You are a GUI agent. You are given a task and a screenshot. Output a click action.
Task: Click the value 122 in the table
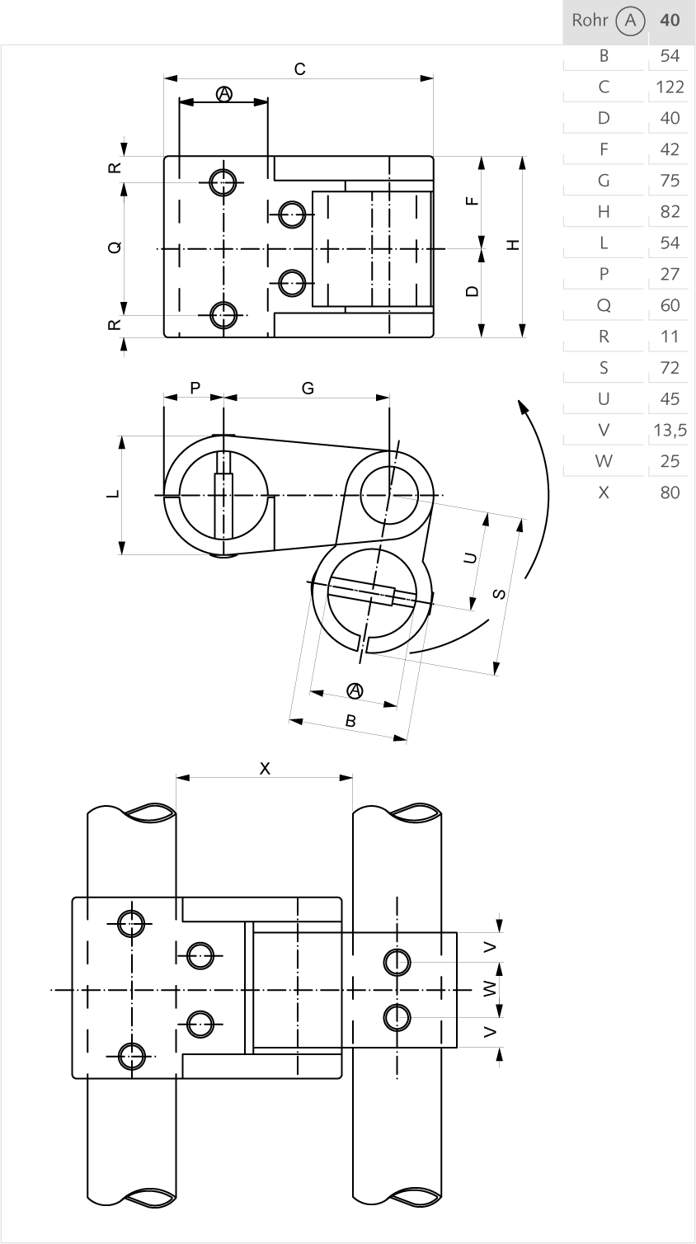[670, 87]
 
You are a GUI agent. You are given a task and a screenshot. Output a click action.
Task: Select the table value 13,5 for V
[670, 430]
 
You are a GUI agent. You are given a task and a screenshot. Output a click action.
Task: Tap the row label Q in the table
[604, 305]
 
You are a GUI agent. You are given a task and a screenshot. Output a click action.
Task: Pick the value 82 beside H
[670, 211]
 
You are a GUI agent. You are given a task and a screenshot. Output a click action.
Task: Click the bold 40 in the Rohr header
[670, 20]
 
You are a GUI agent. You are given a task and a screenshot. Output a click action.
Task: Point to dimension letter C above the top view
[300, 69]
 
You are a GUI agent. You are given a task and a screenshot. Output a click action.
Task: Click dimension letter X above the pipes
[265, 768]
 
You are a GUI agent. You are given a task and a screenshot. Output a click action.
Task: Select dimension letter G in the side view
[308, 388]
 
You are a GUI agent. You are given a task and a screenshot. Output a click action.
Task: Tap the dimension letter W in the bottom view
[490, 988]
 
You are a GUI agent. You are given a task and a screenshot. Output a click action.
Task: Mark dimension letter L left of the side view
[113, 494]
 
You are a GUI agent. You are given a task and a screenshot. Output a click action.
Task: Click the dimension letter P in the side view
[195, 388]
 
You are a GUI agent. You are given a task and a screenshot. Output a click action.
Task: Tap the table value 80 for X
[670, 492]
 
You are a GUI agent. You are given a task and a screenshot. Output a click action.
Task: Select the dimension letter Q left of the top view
[115, 247]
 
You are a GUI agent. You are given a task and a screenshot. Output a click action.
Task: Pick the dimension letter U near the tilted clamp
[470, 558]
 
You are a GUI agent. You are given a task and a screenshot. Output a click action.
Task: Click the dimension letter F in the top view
[471, 200]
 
